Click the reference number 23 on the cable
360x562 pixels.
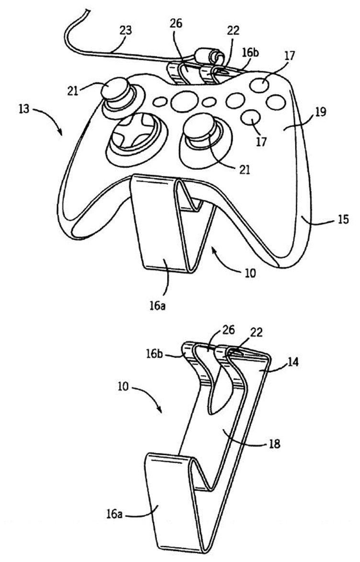tap(125, 30)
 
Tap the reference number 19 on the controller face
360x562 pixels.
tap(321, 112)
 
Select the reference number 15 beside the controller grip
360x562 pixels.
tap(343, 219)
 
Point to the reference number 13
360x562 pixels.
tap(24, 109)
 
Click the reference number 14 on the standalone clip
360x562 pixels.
tap(293, 363)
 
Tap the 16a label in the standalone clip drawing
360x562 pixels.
tap(114, 514)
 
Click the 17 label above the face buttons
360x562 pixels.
tap(290, 56)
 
